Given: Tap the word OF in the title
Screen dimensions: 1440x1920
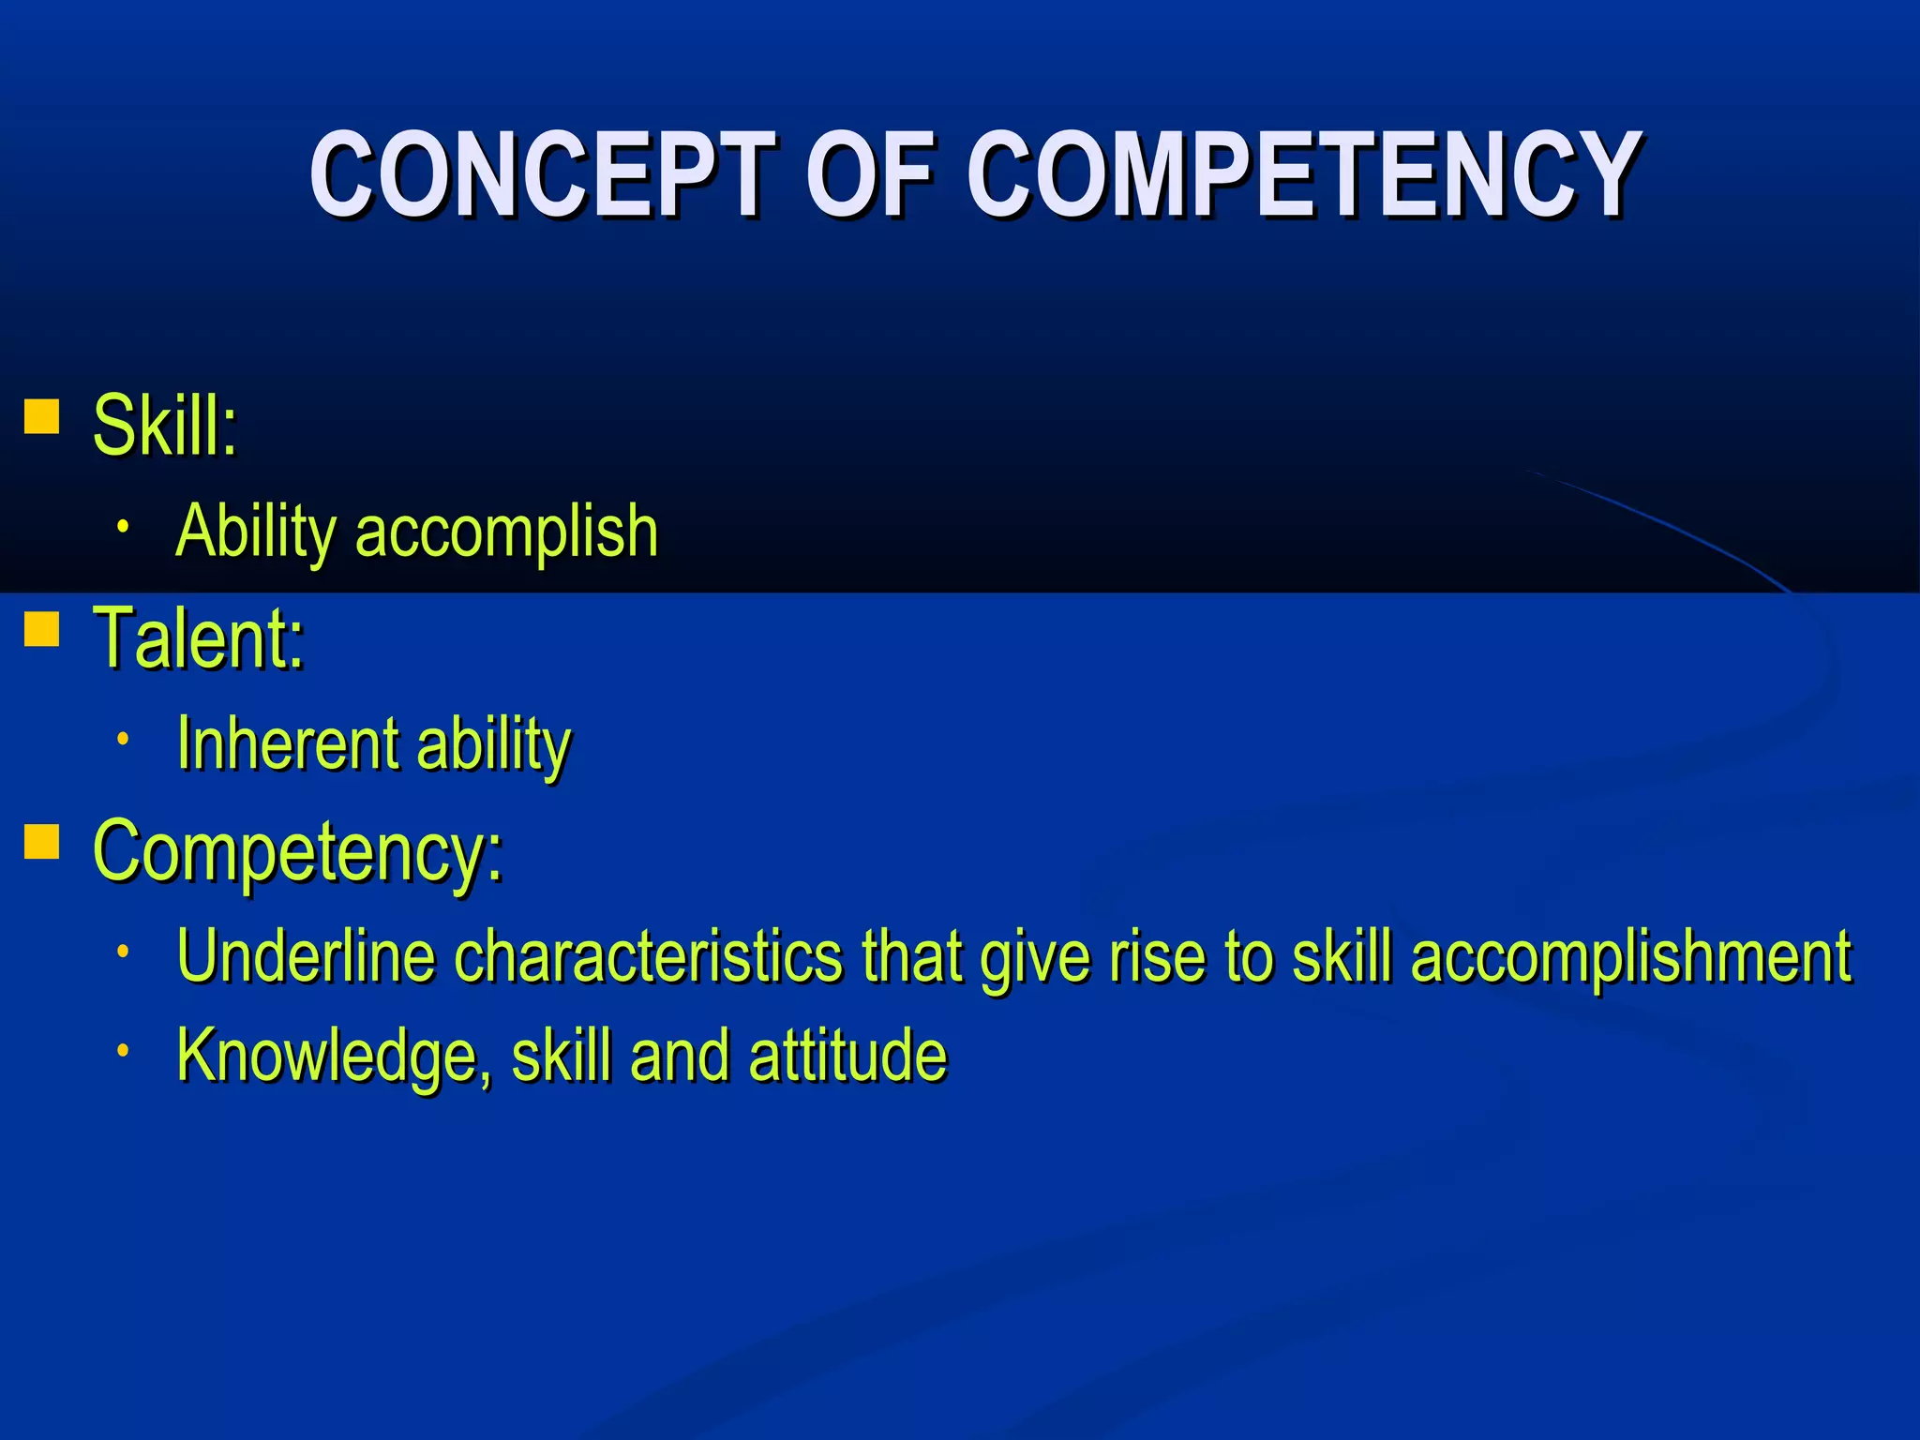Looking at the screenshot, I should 871,174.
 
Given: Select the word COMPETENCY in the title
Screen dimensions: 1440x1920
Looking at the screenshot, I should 1304,174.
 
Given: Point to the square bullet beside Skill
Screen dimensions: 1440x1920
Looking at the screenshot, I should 42,416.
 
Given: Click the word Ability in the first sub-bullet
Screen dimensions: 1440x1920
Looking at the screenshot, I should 256,532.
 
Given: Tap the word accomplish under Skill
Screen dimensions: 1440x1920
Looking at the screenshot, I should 506,532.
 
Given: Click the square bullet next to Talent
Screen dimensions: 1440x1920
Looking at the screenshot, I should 42,629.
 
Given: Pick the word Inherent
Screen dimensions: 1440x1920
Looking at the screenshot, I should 289,743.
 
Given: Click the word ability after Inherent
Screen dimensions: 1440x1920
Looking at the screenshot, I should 493,743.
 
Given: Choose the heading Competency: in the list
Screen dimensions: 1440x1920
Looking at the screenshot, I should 298,850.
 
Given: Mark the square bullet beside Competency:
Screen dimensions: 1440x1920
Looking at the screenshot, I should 42,841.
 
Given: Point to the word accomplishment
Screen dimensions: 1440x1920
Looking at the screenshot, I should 1631,956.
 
